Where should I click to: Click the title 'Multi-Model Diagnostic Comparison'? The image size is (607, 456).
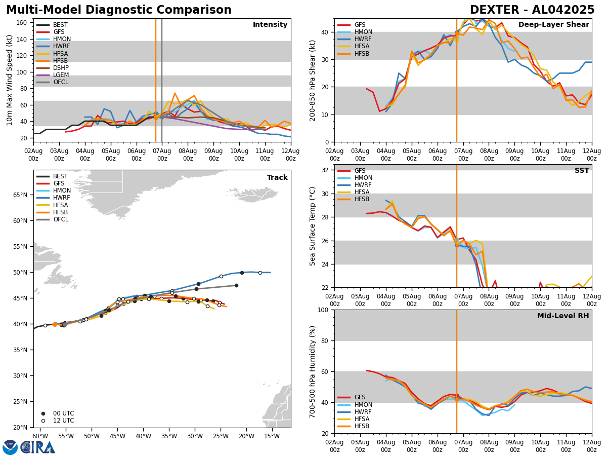coord(119,10)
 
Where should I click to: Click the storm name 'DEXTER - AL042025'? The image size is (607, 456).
coord(532,10)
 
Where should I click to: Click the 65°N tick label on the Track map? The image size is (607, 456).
coord(20,195)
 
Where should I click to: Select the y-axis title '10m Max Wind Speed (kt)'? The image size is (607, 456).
coord(9,80)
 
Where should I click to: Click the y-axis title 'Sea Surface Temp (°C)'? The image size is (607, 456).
coord(313,226)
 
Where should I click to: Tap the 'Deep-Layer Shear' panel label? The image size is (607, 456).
coord(553,25)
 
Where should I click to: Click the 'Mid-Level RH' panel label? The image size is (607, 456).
coord(562,316)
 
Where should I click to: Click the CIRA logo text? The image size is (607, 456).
coord(38,447)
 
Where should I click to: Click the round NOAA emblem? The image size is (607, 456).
coord(10,447)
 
